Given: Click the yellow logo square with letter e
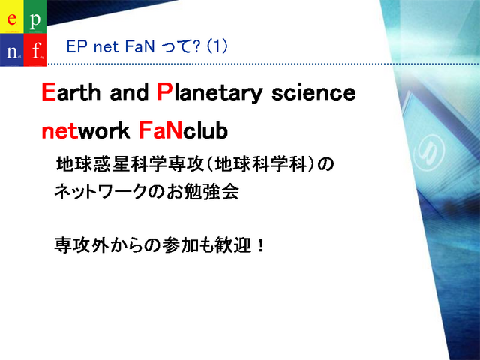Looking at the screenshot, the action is [x=12, y=16].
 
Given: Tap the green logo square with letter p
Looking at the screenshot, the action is [x=35, y=16].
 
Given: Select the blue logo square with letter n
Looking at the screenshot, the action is [x=12, y=49].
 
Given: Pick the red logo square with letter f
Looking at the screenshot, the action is [x=35, y=49].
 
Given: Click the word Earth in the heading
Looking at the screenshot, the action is [x=71, y=91].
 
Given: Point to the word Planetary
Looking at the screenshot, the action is [x=210, y=93].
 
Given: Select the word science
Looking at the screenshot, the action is [x=313, y=93].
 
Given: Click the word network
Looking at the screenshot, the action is [x=85, y=130].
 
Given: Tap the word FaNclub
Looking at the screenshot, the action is [x=183, y=130].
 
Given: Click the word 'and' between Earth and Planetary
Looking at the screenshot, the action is [x=129, y=91].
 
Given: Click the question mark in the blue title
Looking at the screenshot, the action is [x=197, y=46].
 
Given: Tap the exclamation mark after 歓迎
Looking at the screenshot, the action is [x=261, y=245].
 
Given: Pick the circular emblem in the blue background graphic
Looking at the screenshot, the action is [x=428, y=152].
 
